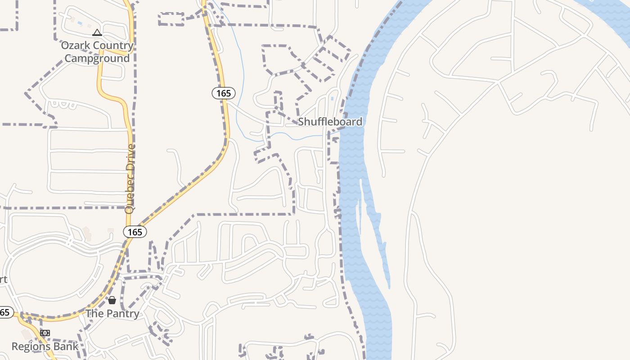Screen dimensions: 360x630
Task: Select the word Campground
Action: pyautogui.click(x=97, y=58)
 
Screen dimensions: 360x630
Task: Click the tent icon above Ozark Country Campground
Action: pyautogui.click(x=97, y=33)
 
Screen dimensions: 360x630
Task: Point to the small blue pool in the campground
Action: pyautogui.click(x=80, y=22)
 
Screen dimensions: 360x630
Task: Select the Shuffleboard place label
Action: pyautogui.click(x=330, y=121)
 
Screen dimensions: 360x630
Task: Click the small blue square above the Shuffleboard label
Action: pyautogui.click(x=332, y=98)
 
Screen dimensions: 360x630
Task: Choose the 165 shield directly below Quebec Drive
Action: pyautogui.click(x=135, y=232)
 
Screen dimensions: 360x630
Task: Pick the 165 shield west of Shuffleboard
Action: pyautogui.click(x=223, y=93)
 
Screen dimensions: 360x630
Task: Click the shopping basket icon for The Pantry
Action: pyautogui.click(x=112, y=300)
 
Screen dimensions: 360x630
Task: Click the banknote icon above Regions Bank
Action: pyautogui.click(x=45, y=333)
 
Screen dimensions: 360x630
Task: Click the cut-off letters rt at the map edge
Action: pyautogui.click(x=3, y=279)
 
